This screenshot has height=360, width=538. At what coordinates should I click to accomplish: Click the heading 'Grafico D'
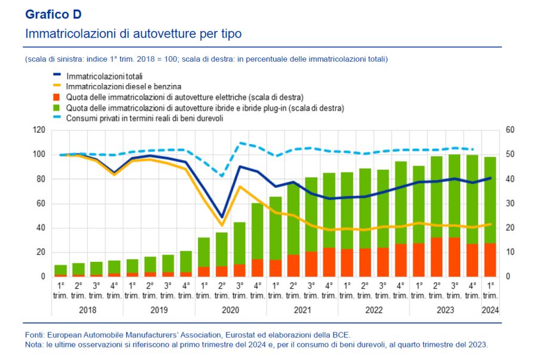[53, 14]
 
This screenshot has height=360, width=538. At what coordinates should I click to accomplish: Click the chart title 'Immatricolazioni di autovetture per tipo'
[133, 33]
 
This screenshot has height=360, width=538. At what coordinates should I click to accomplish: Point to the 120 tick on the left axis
[38, 130]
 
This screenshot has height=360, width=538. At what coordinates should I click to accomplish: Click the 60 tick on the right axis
[510, 130]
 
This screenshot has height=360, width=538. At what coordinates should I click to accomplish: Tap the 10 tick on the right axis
[509, 252]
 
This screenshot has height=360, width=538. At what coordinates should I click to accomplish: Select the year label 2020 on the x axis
[231, 310]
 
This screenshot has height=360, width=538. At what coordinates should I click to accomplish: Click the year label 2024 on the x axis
[490, 310]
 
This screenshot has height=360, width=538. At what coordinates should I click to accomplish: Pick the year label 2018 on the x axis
[87, 310]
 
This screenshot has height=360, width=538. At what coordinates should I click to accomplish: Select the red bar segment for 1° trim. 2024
[490, 260]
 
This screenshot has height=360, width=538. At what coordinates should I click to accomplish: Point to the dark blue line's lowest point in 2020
[222, 216]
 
